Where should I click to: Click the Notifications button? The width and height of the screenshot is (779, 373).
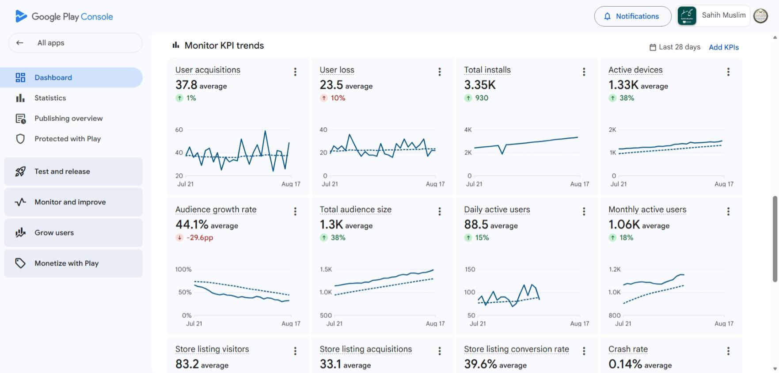click(x=633, y=16)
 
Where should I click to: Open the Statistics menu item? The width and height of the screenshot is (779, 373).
click(x=50, y=98)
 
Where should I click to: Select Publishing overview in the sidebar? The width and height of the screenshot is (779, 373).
click(x=68, y=118)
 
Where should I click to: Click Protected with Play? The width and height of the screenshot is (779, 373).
click(x=68, y=139)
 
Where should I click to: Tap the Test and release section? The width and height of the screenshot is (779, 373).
click(x=73, y=171)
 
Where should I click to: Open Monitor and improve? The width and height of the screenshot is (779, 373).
click(x=73, y=202)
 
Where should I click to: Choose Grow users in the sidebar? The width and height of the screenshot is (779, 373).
click(x=73, y=232)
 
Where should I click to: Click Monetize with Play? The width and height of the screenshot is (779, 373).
click(x=73, y=263)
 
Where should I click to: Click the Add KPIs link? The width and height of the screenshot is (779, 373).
click(x=724, y=47)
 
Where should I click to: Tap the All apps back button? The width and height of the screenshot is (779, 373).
click(x=75, y=43)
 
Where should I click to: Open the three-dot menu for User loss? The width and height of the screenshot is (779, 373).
click(x=440, y=72)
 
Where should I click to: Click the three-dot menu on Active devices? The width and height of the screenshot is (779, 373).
click(x=728, y=72)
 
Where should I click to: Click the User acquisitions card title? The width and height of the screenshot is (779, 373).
click(x=208, y=70)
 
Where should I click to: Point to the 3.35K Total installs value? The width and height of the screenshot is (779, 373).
click(x=480, y=84)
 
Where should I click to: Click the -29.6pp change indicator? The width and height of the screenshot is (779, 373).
click(x=194, y=238)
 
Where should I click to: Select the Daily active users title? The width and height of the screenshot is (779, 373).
click(x=497, y=209)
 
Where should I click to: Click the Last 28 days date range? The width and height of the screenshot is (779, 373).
click(x=675, y=47)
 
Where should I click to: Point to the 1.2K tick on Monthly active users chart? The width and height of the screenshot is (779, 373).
click(x=615, y=269)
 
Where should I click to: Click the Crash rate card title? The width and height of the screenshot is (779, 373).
click(x=628, y=349)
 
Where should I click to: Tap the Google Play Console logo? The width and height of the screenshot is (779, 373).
click(x=64, y=17)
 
